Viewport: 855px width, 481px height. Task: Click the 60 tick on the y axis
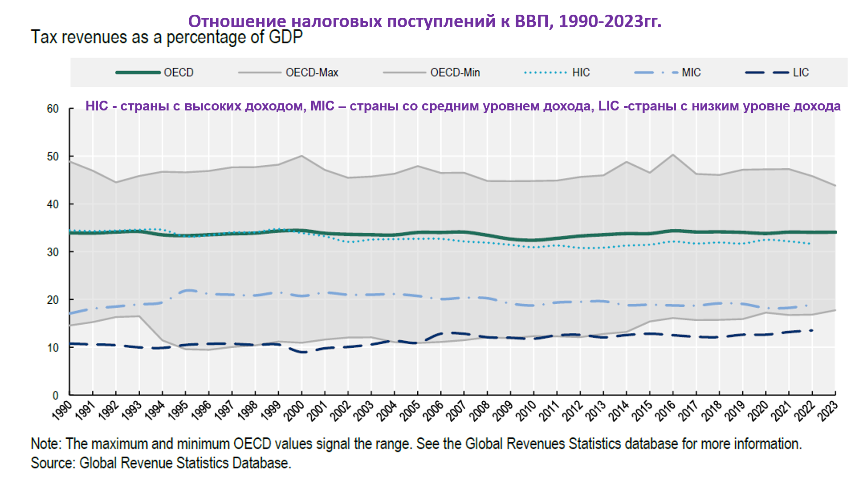pyautogui.click(x=53, y=109)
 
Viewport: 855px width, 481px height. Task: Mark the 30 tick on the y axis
pyautogui.click(x=53, y=252)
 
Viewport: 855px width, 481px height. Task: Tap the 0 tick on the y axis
pyautogui.click(x=56, y=395)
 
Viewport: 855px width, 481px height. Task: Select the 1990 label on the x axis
pyautogui.click(x=62, y=410)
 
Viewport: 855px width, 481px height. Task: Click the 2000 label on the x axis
pyautogui.click(x=294, y=410)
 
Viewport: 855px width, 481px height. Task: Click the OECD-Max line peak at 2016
pyautogui.click(x=673, y=155)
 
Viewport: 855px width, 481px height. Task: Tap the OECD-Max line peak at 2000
pyautogui.click(x=302, y=155)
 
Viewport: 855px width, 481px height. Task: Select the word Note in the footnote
pyautogui.click(x=46, y=444)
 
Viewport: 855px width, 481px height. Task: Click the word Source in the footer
pyautogui.click(x=53, y=463)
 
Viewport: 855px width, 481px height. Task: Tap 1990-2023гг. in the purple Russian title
pyautogui.click(x=610, y=21)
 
